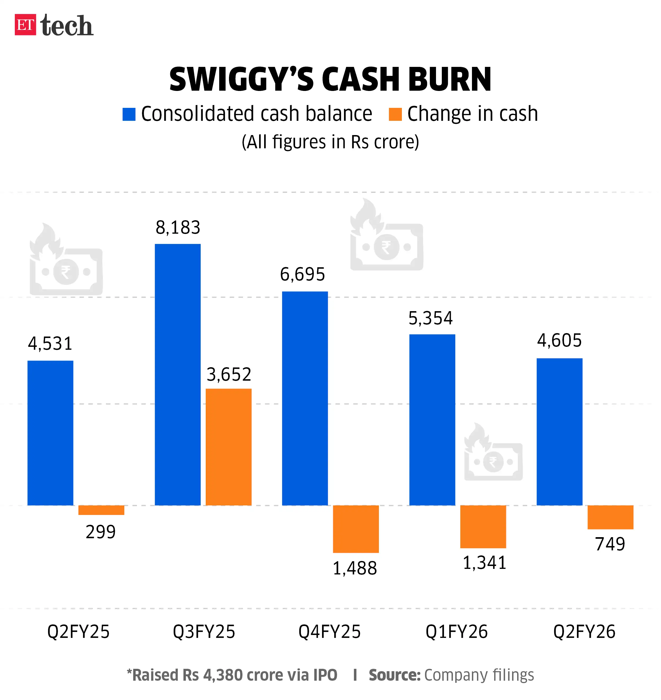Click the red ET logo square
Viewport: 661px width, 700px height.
point(25,25)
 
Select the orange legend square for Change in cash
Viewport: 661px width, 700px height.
point(395,114)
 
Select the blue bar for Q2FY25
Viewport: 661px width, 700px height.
point(51,433)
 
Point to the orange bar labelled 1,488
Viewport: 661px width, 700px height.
point(356,528)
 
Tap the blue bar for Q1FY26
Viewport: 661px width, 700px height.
point(432,419)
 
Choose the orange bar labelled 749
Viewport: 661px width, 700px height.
point(610,517)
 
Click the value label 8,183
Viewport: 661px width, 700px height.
point(178,228)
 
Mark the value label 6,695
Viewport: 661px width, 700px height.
point(302,274)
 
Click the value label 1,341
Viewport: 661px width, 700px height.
point(484,563)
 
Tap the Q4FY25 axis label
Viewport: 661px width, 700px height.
point(329,632)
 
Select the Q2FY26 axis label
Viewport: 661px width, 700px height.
point(584,632)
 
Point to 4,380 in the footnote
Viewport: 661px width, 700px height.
point(223,675)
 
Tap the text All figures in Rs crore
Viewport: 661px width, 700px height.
point(330,142)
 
